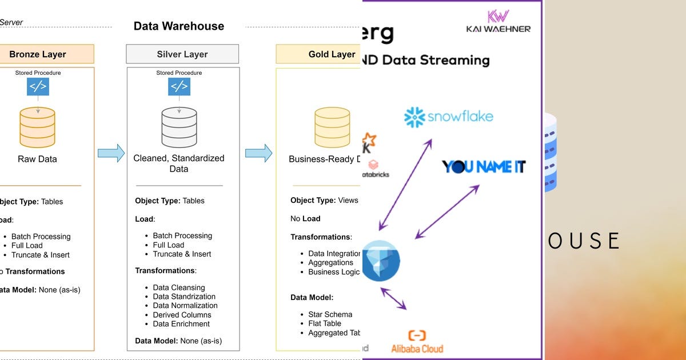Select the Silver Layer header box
[x=182, y=54]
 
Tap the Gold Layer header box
[x=320, y=54]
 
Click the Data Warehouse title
[x=178, y=26]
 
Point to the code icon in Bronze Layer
[x=38, y=87]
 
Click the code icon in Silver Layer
[x=179, y=87]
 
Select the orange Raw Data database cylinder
[x=38, y=127]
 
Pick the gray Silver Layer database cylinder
[x=179, y=127]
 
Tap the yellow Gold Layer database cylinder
[x=332, y=127]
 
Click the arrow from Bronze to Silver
[x=111, y=153]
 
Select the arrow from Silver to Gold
[x=258, y=153]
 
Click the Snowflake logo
[x=448, y=117]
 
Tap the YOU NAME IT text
[x=484, y=167]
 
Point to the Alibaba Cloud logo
[x=417, y=342]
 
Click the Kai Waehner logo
[x=498, y=21]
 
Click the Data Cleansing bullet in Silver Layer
[x=178, y=287]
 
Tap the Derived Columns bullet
[x=182, y=315]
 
